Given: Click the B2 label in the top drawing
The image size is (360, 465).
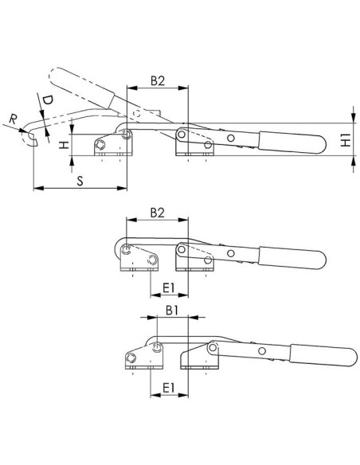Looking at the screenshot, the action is pos(158,80).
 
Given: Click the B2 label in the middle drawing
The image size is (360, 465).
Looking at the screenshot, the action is pos(158,213).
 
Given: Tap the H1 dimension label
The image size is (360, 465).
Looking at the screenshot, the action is pos(346,140).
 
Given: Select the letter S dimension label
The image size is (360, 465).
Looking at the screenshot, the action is pos(80,181).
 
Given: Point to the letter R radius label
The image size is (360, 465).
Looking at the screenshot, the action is pos(13,119).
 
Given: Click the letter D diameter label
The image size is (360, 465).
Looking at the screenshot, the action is pos(47,100).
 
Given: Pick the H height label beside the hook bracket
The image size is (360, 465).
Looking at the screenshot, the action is pos(64,145).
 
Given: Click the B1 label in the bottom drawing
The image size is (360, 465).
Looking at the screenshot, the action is pos(172,311).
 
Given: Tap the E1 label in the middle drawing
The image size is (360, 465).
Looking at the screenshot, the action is pos(169,287).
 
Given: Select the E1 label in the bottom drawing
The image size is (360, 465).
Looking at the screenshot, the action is pos(169,388).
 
